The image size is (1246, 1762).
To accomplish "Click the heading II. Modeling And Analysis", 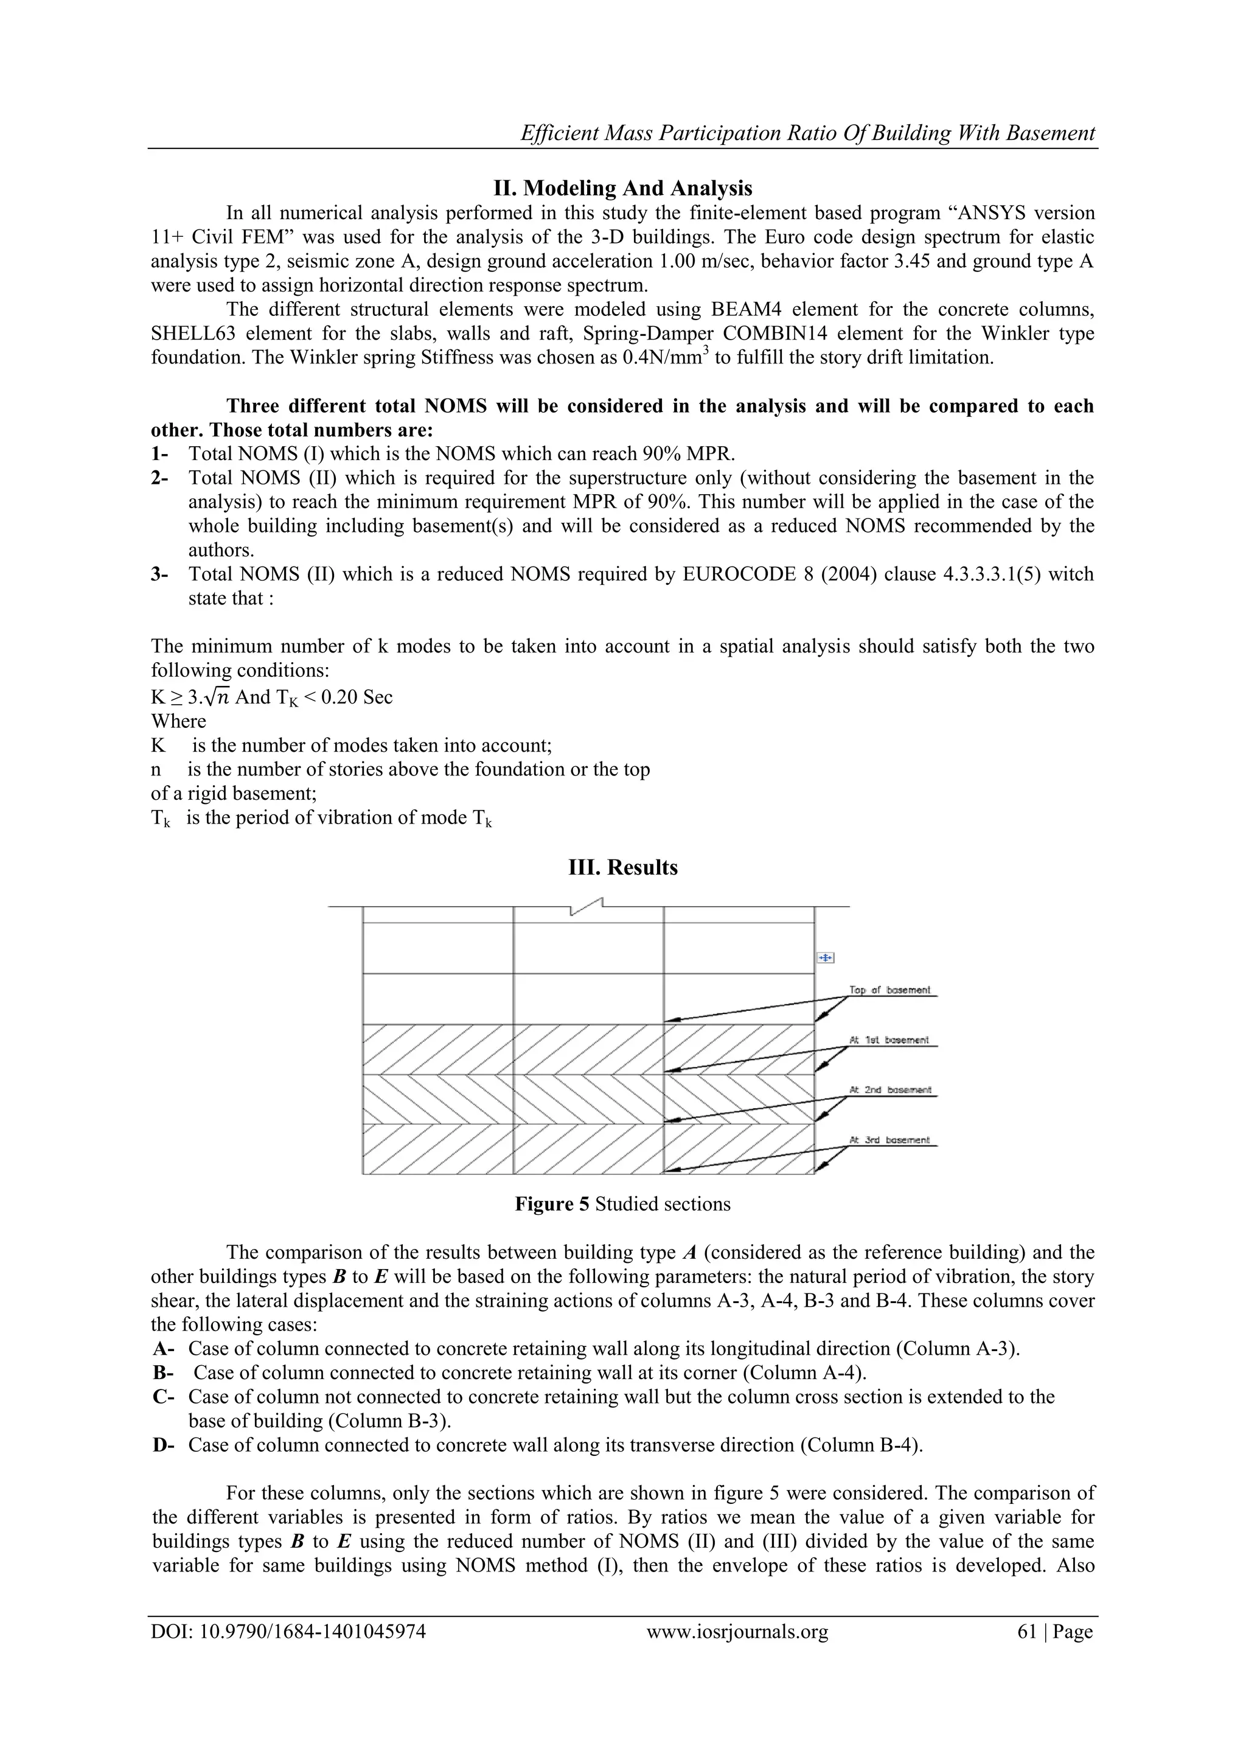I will coord(622,188).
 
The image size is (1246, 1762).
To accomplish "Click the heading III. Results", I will coord(622,867).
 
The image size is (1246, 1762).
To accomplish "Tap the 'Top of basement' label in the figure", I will coord(890,990).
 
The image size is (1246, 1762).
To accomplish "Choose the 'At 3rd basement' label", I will coord(890,1141).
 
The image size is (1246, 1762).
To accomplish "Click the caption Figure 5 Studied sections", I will coord(622,1204).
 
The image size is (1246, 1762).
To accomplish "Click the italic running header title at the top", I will coord(807,133).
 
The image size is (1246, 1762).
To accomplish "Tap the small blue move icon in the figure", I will coord(825,958).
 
